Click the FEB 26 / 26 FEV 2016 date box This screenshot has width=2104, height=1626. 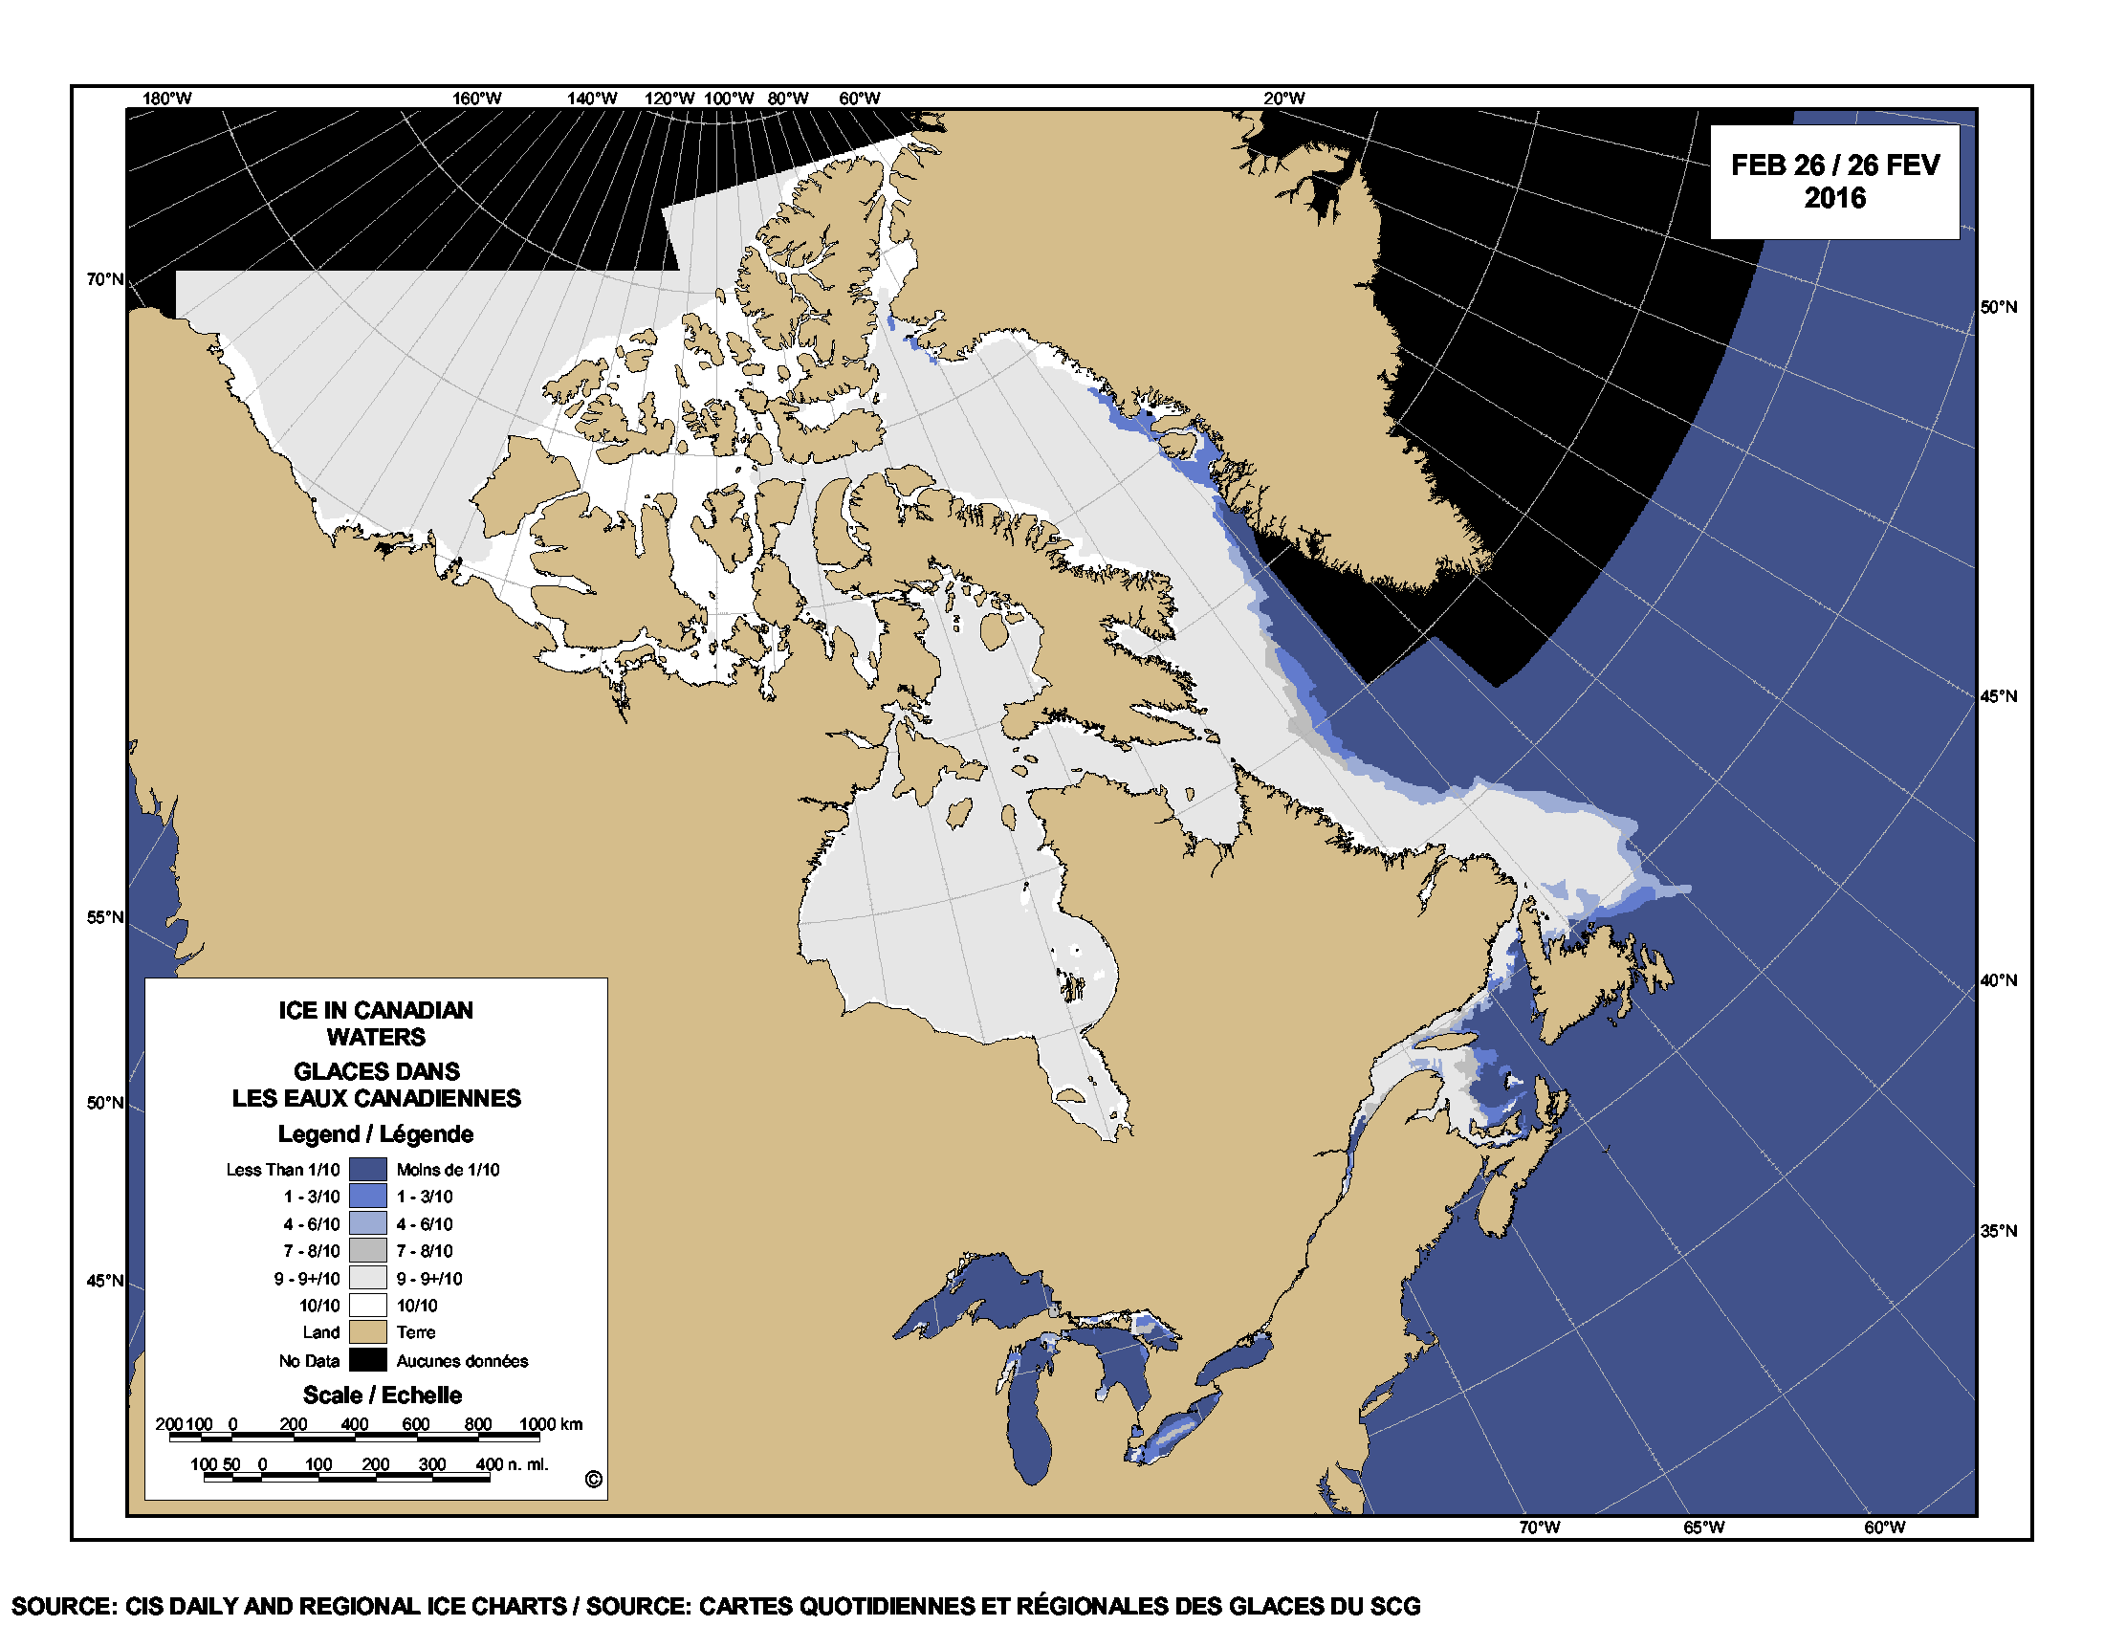point(1833,181)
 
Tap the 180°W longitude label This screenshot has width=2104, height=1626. point(166,99)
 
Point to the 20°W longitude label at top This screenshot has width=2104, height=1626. point(1283,99)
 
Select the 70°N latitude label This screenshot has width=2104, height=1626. point(105,279)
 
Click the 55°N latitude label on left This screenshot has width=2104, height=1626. point(105,917)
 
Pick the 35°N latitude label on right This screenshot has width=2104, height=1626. point(1998,1231)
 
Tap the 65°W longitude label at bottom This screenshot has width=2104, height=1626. point(1703,1527)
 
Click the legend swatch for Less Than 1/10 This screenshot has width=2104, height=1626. point(367,1170)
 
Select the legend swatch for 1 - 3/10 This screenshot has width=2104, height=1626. point(367,1197)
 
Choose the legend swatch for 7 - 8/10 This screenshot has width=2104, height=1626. point(367,1250)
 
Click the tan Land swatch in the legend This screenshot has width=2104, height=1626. point(367,1332)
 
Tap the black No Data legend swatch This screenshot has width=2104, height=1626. point(367,1360)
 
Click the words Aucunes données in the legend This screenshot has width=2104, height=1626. point(462,1361)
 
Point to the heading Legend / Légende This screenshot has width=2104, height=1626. point(376,1133)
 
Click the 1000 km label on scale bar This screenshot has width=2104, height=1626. point(550,1424)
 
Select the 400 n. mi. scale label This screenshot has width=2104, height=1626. point(512,1464)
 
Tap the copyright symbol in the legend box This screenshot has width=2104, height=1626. point(594,1480)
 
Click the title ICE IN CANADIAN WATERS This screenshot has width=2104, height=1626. point(376,1023)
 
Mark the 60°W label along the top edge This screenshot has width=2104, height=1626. point(859,99)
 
